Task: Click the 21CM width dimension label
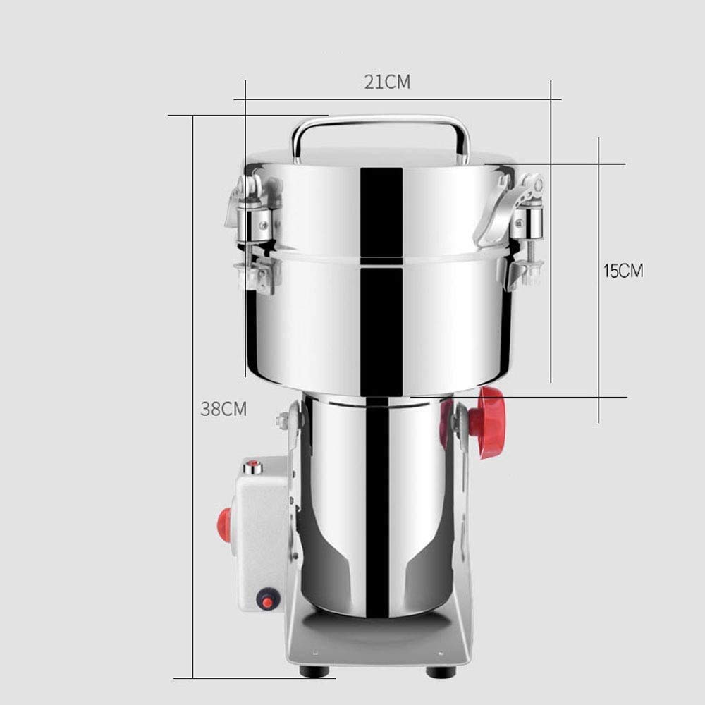[x=387, y=82]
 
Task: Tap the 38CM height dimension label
[x=223, y=409]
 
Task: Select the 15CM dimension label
[x=623, y=271]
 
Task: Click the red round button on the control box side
[x=225, y=525]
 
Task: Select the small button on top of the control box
[x=252, y=466]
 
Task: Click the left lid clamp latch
[x=254, y=234]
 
